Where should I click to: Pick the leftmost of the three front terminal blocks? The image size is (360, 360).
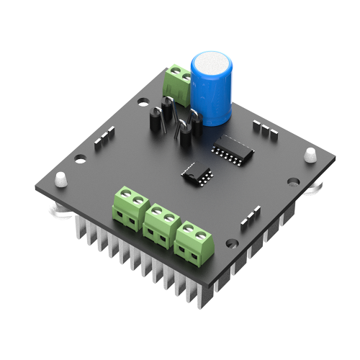pyautogui.click(x=130, y=207)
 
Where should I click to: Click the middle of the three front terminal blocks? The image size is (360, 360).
pyautogui.click(x=161, y=224)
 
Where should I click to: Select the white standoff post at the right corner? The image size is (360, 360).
pyautogui.click(x=310, y=155)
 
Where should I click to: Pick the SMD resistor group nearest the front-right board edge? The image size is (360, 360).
pyautogui.click(x=250, y=215)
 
